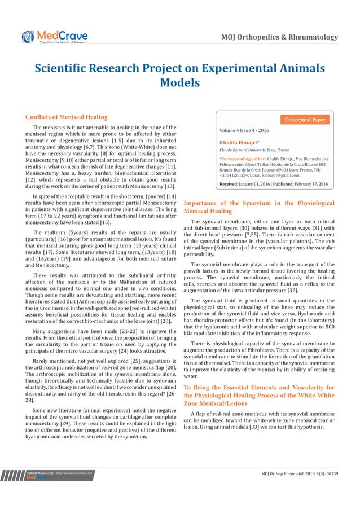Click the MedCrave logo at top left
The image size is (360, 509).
pos(55,37)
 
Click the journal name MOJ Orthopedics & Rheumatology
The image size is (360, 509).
pos(279,37)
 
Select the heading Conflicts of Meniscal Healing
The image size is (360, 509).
pos(66,117)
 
